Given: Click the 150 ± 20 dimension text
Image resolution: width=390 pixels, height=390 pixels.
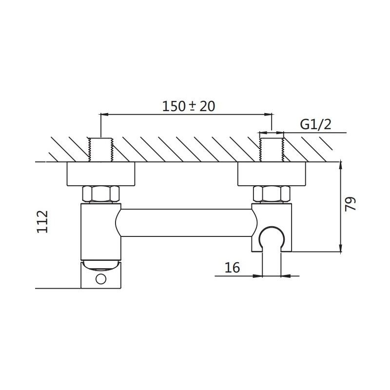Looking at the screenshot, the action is pos(189,106).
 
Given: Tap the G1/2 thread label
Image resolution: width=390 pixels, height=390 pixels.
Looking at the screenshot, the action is pos(315,124).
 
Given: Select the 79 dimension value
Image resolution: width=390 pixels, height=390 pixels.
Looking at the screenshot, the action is pos(350,204).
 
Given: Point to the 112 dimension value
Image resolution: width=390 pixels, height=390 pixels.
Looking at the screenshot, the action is pos(42,222).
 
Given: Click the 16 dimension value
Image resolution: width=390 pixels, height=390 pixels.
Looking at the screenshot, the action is pos(233,267).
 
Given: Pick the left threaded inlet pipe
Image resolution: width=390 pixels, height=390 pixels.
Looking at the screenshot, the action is pos(101,150).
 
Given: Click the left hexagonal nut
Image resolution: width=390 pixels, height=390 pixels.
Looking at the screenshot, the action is pos(101,194).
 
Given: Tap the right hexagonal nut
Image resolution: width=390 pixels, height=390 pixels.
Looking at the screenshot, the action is pos(272,194).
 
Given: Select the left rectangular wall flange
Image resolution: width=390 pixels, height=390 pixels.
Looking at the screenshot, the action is pos(101,174).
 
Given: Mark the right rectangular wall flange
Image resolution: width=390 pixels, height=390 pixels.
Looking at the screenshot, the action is pos(272,174).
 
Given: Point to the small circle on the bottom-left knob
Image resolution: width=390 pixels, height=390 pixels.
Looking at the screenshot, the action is pos(101,279).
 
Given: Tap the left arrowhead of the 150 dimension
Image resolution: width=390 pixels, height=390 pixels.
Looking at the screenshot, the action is pos(104,115).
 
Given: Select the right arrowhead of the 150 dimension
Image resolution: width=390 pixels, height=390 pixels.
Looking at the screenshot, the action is pos(268,115).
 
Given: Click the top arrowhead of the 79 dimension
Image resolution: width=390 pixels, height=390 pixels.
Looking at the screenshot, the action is pos(341,166).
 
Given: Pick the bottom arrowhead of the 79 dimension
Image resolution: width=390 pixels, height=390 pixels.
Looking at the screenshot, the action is pos(341,248).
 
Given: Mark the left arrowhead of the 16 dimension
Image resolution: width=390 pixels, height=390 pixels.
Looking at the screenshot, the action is pos(258,276).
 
